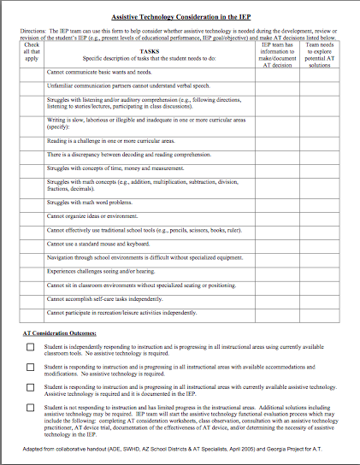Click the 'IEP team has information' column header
tap(277, 51)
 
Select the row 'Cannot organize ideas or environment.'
tap(96, 216)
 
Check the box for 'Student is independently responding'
tap(30, 347)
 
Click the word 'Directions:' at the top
tap(34, 30)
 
